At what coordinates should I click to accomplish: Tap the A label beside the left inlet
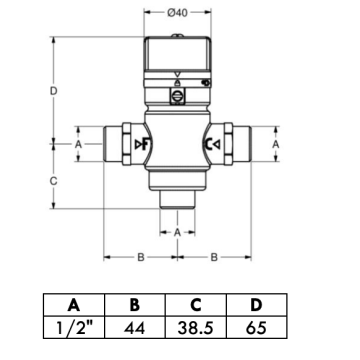point(79,144)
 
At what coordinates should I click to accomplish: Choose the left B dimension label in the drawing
point(141,257)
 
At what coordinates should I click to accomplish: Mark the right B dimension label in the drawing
point(214,257)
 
